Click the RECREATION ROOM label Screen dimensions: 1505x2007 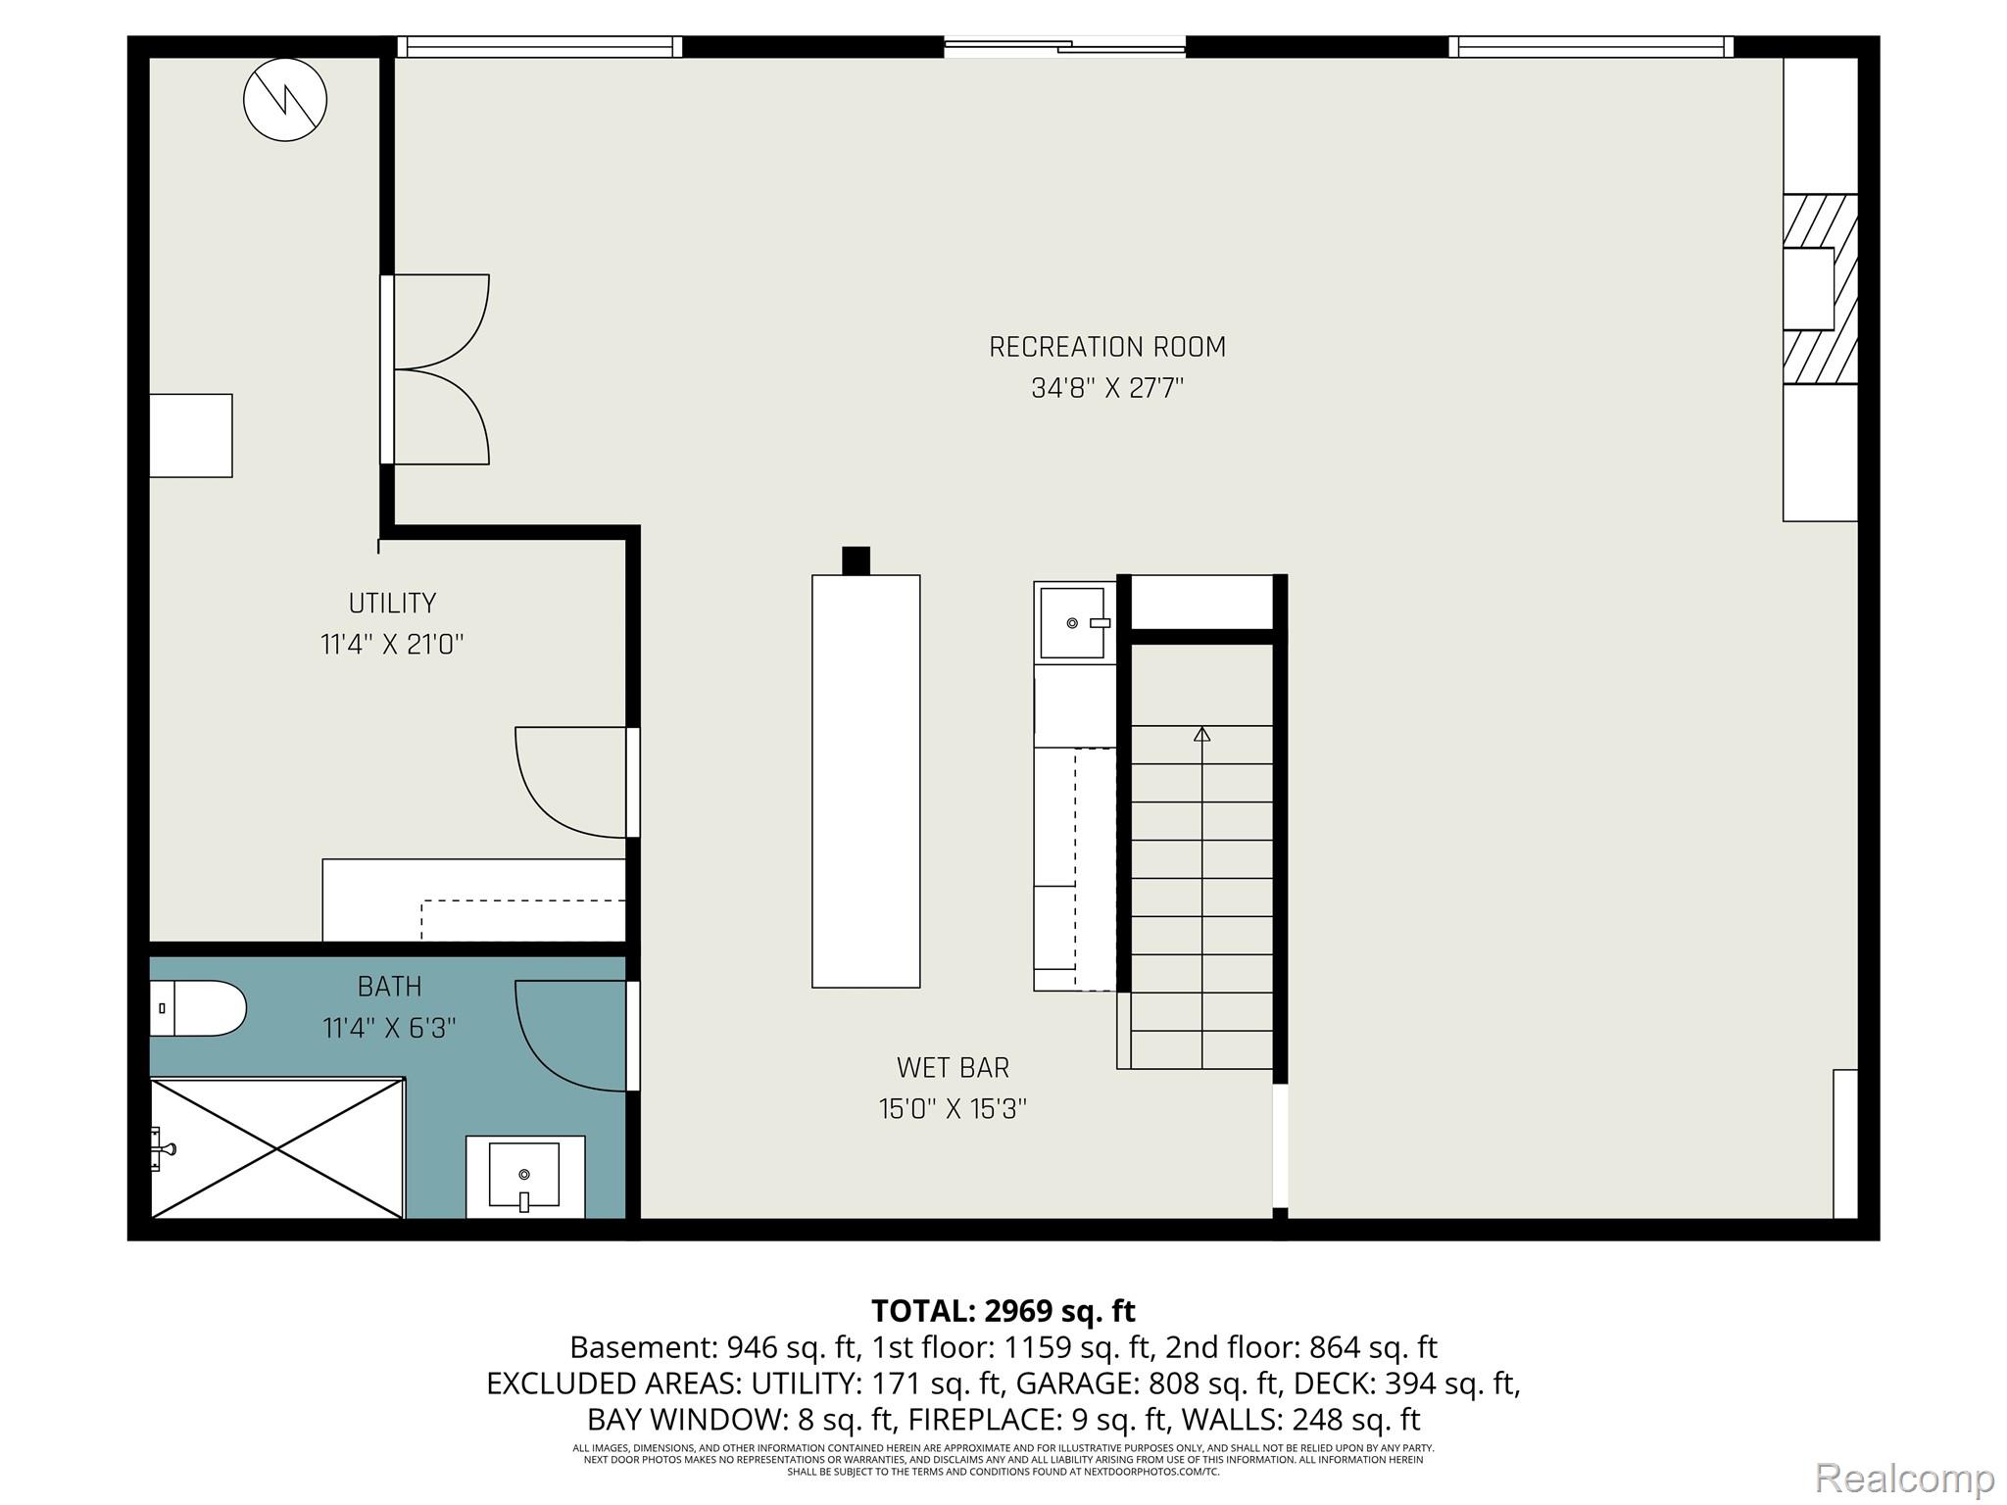1106,347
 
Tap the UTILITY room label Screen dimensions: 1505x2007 392,603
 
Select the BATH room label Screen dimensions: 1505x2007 389,986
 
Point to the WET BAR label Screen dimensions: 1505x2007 953,1067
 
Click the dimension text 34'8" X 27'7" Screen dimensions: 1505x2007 1106,389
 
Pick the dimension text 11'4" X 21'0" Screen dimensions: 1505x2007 392,645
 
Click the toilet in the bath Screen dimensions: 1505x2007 196,1008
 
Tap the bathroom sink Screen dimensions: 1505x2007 524,1175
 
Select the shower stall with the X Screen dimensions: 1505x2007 277,1148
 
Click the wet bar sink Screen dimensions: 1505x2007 1072,622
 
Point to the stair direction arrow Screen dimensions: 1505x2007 1202,734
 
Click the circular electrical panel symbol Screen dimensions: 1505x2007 285,99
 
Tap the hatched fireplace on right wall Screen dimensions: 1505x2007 1820,288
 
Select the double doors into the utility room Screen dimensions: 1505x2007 436,369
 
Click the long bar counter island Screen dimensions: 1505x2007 865,781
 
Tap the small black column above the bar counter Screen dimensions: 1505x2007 856,560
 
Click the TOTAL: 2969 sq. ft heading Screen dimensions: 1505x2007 1003,1310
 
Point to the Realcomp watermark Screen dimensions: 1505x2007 1904,1478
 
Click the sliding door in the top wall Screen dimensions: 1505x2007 1065,45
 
